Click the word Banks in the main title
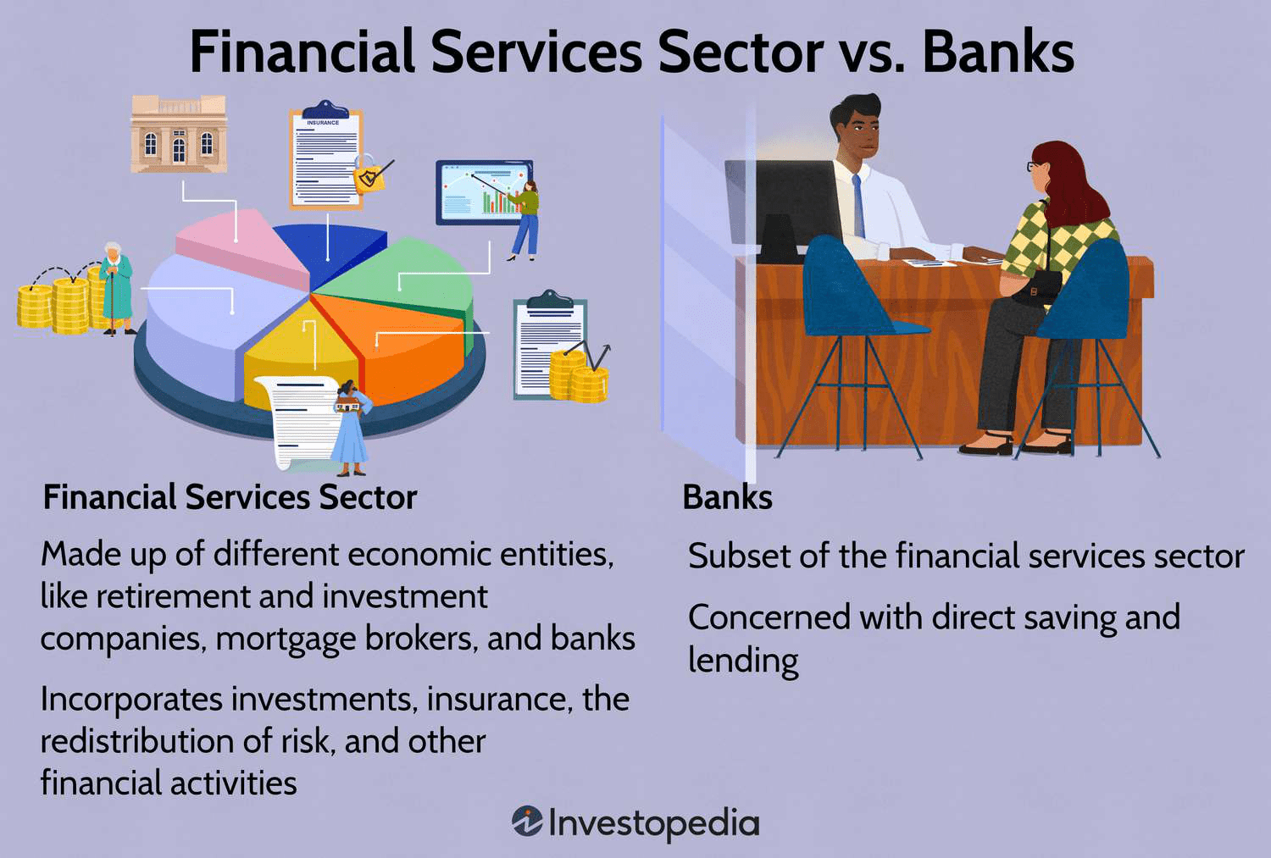coord(997,53)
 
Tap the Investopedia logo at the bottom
coord(635,822)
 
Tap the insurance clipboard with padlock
coord(329,158)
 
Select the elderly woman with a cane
coord(116,288)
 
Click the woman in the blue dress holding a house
coord(351,428)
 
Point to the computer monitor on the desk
coord(784,208)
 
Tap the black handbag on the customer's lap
coord(1035,289)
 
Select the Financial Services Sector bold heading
coord(230,497)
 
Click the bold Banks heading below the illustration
coord(727,497)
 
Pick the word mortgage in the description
coord(286,639)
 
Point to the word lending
coord(743,661)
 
